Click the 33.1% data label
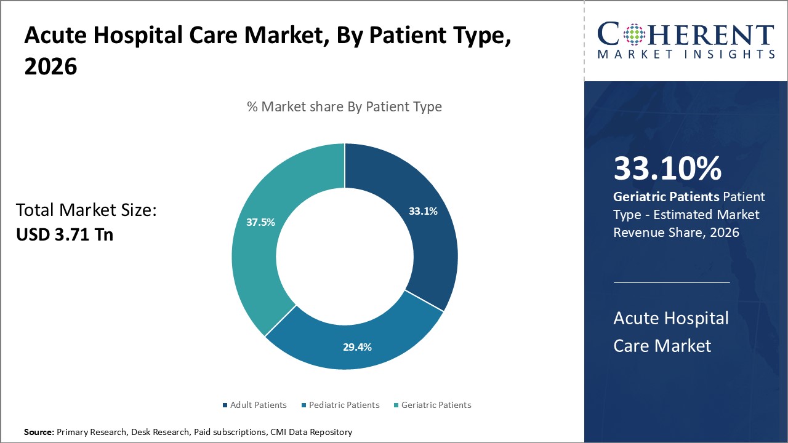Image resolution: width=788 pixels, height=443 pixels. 423,211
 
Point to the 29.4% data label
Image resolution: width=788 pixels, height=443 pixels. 357,347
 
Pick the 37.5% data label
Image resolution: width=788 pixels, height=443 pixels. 260,222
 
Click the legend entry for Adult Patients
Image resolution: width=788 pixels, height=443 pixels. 258,405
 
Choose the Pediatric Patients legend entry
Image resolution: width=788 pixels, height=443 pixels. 344,405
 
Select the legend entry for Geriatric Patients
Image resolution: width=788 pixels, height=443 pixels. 436,405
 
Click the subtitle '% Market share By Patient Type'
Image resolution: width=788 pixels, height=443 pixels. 344,106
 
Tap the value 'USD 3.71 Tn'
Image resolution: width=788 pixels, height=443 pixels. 65,234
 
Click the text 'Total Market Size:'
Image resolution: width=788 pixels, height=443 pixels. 86,210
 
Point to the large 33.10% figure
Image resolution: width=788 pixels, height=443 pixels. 667,169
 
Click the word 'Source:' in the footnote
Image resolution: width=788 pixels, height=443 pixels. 39,432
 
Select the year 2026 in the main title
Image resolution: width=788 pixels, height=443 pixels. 51,66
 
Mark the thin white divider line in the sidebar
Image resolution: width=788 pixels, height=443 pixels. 672,283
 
